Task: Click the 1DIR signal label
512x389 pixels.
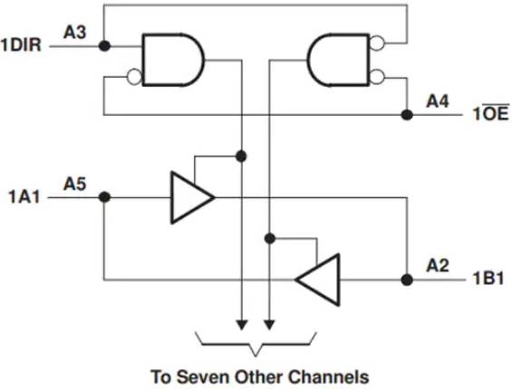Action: coord(21,44)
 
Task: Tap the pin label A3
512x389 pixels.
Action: coord(75,33)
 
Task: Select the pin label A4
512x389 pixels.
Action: coord(438,101)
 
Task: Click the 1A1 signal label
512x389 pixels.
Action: coord(24,197)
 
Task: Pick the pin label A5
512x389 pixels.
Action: coord(75,184)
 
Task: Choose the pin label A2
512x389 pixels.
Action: coord(438,266)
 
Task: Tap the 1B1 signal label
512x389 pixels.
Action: coord(488,279)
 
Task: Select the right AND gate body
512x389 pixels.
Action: coord(338,60)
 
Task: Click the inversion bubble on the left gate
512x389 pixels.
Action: coord(134,77)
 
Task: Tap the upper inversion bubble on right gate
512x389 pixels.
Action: coord(377,43)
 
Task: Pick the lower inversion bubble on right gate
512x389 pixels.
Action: coord(377,77)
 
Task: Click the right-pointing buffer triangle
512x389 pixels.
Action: coord(192,197)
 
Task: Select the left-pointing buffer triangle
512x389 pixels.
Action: coord(317,280)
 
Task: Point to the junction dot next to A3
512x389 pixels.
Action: coord(104,46)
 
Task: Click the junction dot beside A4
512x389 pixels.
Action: coord(407,115)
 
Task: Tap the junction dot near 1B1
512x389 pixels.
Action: coord(407,280)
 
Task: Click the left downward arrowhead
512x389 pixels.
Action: coord(242,325)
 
